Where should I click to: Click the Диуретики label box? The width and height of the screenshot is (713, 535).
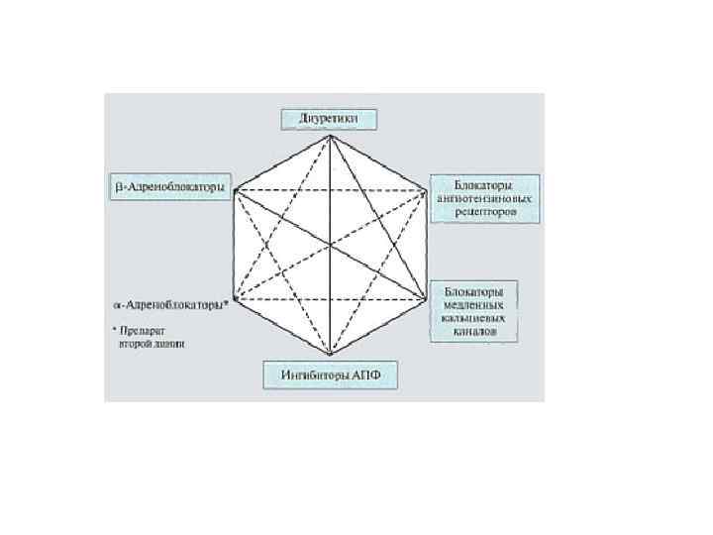(330, 120)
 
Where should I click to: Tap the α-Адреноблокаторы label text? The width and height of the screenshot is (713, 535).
(169, 305)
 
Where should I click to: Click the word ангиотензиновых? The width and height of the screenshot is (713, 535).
(485, 198)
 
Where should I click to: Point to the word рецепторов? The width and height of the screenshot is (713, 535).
(485, 211)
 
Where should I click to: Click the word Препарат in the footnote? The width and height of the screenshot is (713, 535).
(139, 330)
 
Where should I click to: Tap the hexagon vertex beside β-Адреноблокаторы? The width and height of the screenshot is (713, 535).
(234, 190)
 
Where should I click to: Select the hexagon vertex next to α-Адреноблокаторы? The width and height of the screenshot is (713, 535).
(234, 300)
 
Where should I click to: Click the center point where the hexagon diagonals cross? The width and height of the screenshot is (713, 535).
(331, 245)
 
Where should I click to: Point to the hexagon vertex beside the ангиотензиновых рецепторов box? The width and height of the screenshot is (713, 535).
(428, 190)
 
